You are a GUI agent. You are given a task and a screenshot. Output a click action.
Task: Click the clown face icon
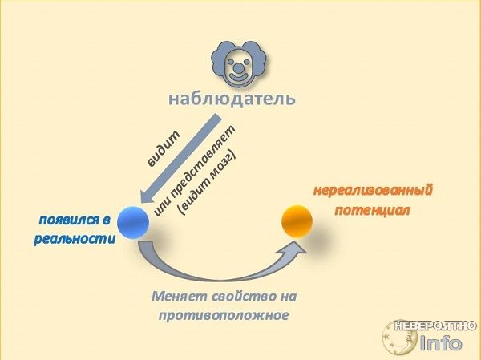pyautogui.click(x=238, y=64)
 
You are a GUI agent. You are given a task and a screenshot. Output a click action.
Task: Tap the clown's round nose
pyautogui.click(x=238, y=67)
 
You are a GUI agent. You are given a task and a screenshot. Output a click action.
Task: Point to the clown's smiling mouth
pyautogui.click(x=238, y=76)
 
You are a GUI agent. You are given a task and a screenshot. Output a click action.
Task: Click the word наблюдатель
pyautogui.click(x=232, y=99)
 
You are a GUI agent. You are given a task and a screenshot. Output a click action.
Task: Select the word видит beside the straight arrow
pyautogui.click(x=164, y=149)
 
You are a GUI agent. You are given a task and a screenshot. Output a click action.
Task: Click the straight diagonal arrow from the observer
pyautogui.click(x=180, y=159)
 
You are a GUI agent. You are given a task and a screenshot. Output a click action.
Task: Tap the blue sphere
pyautogui.click(x=133, y=222)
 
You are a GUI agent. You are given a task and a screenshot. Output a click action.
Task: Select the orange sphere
pyautogui.click(x=297, y=221)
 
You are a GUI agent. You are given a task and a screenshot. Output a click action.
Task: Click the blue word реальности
pyautogui.click(x=75, y=239)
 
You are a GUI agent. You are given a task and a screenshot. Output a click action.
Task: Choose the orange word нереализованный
pyautogui.click(x=373, y=190)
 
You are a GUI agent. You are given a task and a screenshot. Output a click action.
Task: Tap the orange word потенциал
pyautogui.click(x=373, y=211)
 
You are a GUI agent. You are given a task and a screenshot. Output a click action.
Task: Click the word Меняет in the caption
pyautogui.click(x=179, y=296)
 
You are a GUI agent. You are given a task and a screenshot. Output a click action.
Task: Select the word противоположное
pyautogui.click(x=224, y=315)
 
